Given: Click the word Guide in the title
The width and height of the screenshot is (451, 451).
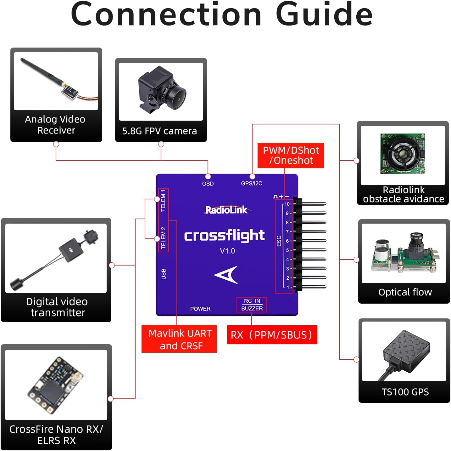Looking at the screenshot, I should pyautogui.click(x=324, y=14).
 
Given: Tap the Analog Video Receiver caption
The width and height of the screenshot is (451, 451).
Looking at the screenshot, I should pyautogui.click(x=55, y=125).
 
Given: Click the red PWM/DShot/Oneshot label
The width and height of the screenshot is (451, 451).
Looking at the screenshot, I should pyautogui.click(x=291, y=156).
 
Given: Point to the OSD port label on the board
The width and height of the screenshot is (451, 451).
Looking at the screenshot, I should pyautogui.click(x=208, y=184).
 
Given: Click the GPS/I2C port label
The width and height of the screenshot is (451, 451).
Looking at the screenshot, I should pyautogui.click(x=251, y=183).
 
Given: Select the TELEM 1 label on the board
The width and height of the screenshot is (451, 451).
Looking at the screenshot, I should pyautogui.click(x=163, y=201).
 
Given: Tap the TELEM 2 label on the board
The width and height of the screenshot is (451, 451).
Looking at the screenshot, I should pyautogui.click(x=163, y=238).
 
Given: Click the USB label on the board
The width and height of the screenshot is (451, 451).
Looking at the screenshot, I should pyautogui.click(x=163, y=274).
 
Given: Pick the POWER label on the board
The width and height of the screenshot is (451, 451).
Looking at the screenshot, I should pyautogui.click(x=200, y=309).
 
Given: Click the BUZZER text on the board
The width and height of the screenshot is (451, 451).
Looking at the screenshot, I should pyautogui.click(x=252, y=309).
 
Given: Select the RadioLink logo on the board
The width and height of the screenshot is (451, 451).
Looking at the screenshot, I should pyautogui.click(x=226, y=210).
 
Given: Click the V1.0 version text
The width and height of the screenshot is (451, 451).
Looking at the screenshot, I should pyautogui.click(x=227, y=251).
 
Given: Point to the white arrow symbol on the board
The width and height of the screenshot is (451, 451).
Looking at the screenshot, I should pyautogui.click(x=227, y=275).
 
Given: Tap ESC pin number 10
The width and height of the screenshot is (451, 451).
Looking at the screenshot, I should pyautogui.click(x=288, y=204).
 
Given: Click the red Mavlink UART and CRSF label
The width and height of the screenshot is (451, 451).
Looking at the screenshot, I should pyautogui.click(x=179, y=339).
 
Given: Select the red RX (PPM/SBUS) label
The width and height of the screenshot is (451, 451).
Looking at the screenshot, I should pyautogui.click(x=272, y=335).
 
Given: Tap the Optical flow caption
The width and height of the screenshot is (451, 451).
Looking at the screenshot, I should pyautogui.click(x=405, y=292).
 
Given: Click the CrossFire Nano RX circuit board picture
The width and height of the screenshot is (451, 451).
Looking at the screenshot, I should pyautogui.click(x=56, y=385).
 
